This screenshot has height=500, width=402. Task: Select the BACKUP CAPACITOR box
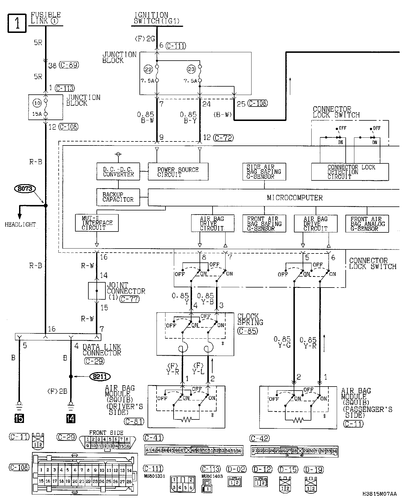click(x=118, y=197)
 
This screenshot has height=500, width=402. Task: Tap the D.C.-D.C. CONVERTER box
click(x=118, y=172)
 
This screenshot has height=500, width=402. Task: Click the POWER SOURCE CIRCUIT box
click(x=178, y=172)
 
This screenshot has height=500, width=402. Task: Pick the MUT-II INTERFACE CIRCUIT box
click(x=97, y=223)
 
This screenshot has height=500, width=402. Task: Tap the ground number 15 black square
click(x=19, y=418)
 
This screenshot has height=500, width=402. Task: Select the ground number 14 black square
click(x=70, y=418)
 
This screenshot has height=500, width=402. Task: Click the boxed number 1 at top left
click(x=17, y=23)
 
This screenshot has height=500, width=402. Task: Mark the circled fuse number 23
click(x=191, y=69)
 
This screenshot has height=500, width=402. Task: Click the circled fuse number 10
click(x=37, y=103)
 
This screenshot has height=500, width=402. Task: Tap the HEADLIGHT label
click(x=20, y=224)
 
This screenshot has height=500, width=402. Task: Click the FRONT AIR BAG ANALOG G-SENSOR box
click(x=367, y=224)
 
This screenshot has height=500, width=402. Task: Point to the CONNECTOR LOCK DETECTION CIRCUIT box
click(x=350, y=172)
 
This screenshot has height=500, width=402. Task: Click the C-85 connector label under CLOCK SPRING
click(x=247, y=331)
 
